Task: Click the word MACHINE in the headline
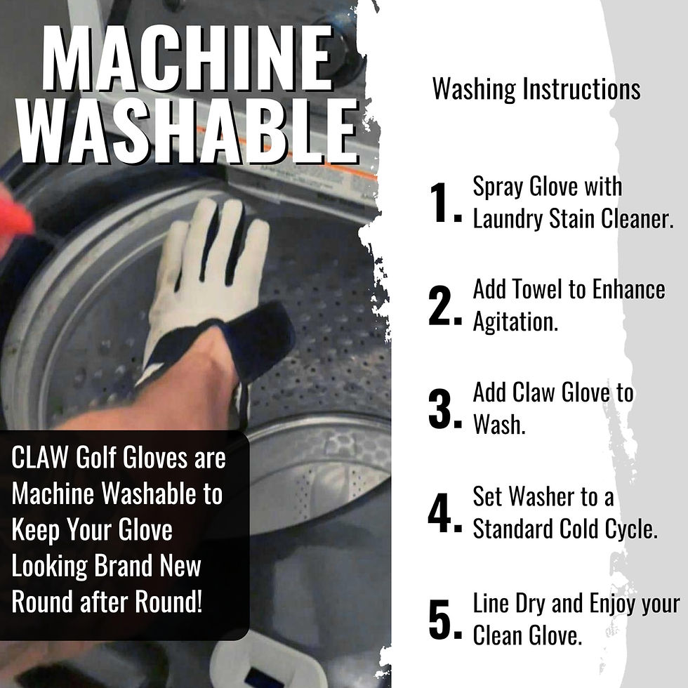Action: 187,58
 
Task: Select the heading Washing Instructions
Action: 536,90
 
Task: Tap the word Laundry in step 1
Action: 508,219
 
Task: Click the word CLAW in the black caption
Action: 40,457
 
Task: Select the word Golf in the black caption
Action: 95,457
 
